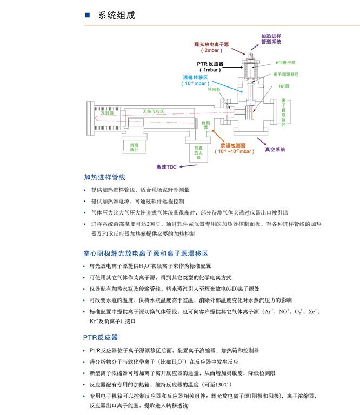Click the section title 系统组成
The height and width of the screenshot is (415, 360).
[x=116, y=15]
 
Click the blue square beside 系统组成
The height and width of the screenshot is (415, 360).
[x=88, y=15]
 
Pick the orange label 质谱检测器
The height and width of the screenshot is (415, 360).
[x=233, y=145]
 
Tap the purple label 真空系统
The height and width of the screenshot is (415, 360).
[x=275, y=149]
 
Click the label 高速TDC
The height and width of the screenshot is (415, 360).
[x=166, y=167]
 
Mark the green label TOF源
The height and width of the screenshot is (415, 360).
[x=284, y=86]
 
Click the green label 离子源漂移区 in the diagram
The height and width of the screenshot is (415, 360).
[x=286, y=74]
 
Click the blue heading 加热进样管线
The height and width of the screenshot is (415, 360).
[x=104, y=177]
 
